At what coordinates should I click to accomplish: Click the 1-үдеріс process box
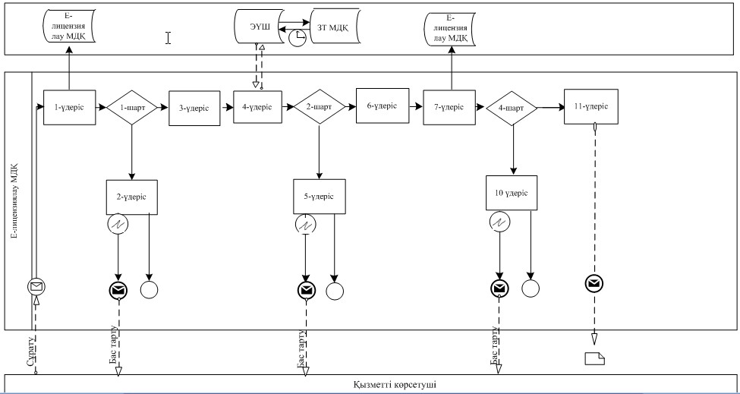coord(69,108)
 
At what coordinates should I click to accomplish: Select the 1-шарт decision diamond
coord(131,108)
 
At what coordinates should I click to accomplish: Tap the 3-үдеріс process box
coord(194,108)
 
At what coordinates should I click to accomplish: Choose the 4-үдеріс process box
coord(258,107)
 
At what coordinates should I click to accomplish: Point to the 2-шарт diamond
coord(319,107)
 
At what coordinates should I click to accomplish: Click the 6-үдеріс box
coord(383,106)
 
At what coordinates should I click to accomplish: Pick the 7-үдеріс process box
coord(449,107)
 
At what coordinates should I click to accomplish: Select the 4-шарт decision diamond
coord(512,108)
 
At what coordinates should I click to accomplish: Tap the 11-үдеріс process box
coord(591,106)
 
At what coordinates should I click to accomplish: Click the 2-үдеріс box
coord(131,197)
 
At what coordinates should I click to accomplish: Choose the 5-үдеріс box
coord(319,197)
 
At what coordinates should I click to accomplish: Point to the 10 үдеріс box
coord(512,193)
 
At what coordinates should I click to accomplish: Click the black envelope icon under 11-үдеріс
coord(594,284)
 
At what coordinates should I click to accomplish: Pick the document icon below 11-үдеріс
coord(594,358)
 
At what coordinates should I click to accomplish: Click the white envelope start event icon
coord(37,286)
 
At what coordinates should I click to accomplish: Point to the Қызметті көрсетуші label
coord(398,385)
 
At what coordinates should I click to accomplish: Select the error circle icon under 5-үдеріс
coord(307,225)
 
